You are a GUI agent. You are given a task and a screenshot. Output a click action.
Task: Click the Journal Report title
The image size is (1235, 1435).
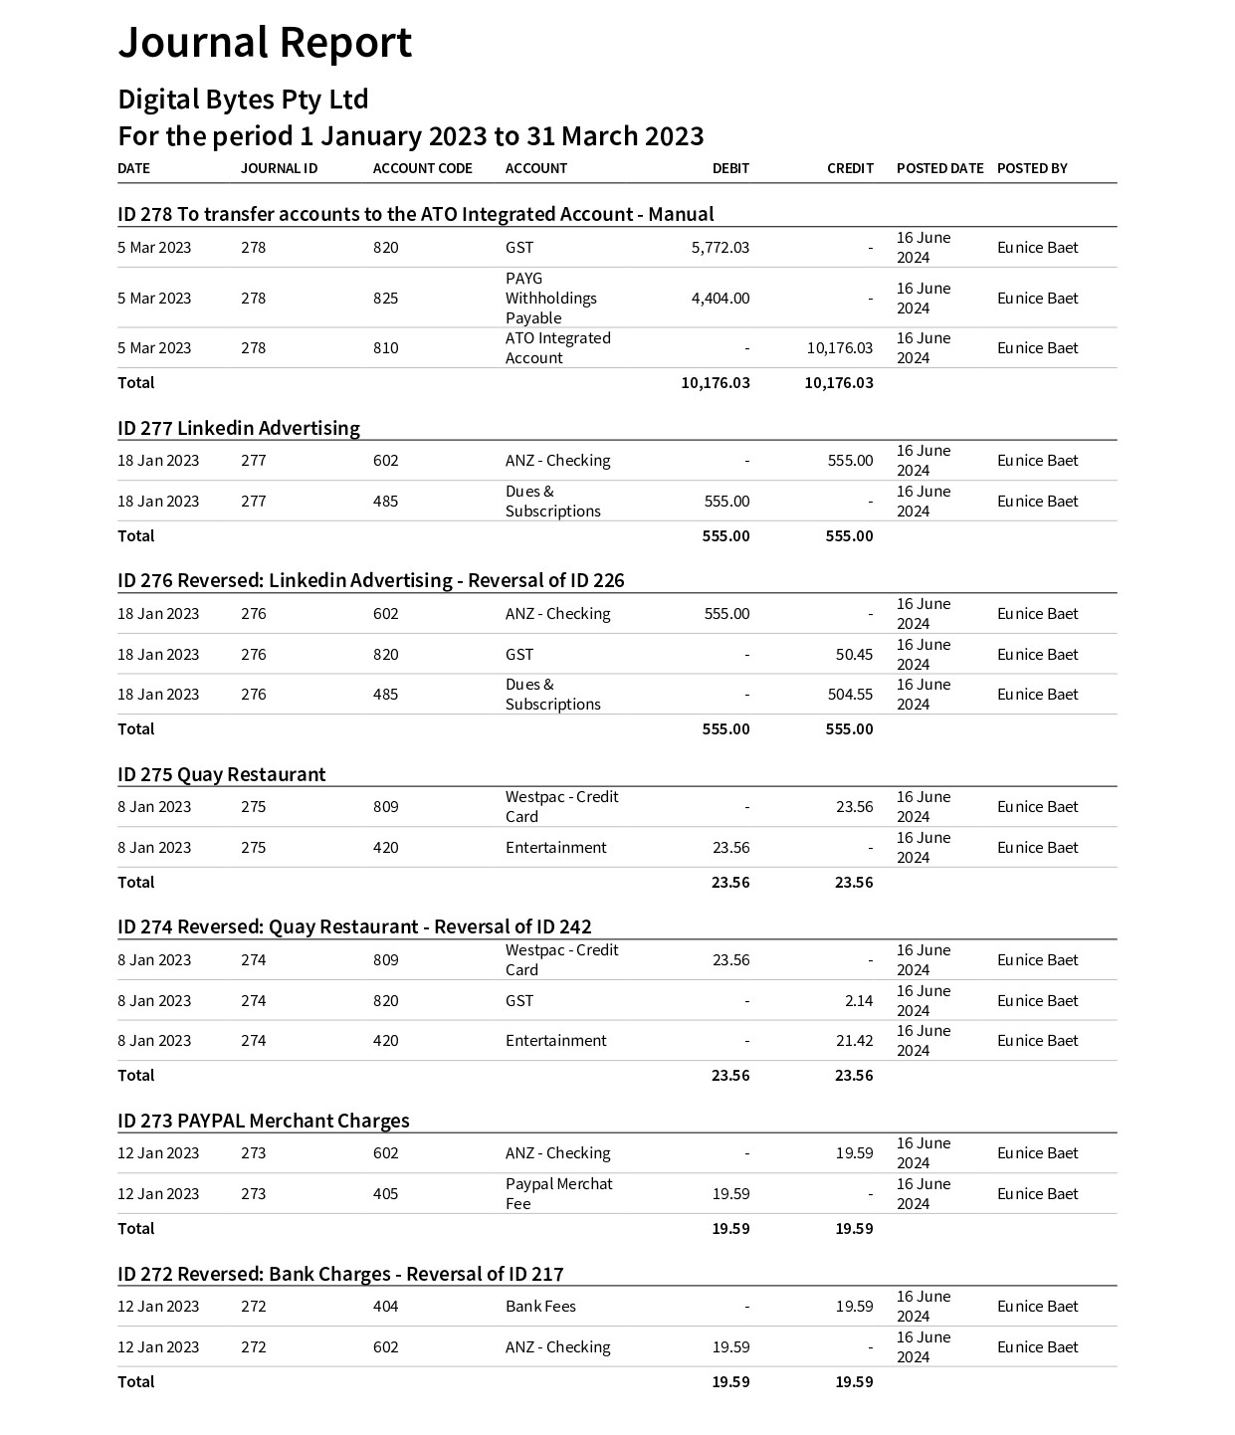click(265, 43)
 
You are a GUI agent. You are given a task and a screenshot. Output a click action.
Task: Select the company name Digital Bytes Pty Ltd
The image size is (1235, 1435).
click(243, 100)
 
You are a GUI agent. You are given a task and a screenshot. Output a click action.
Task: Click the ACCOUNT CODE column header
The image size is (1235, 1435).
click(422, 168)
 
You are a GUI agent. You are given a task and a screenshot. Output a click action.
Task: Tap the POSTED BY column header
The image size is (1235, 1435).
click(1031, 168)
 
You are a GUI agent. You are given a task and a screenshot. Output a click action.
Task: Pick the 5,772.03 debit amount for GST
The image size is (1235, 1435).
click(720, 248)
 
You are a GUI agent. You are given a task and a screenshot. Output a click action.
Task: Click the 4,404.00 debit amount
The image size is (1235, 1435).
click(720, 299)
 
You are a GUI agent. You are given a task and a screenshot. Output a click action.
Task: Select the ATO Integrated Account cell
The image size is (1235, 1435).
click(557, 348)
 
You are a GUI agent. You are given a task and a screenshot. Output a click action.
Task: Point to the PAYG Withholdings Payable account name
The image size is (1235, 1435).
click(550, 299)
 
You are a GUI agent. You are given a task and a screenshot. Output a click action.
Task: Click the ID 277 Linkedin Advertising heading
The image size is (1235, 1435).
click(239, 428)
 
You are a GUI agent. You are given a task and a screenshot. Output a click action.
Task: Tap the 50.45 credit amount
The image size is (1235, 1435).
click(854, 655)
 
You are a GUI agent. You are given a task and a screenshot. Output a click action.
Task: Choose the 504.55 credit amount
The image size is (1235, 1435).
click(850, 695)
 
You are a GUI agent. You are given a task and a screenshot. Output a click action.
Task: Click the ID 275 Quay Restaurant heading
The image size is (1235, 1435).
click(221, 774)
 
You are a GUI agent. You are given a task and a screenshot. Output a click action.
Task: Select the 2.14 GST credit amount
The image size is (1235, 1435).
click(858, 1001)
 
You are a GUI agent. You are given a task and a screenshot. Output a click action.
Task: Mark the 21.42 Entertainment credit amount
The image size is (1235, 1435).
click(854, 1041)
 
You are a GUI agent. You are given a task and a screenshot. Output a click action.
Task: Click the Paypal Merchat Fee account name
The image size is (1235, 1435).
click(558, 1194)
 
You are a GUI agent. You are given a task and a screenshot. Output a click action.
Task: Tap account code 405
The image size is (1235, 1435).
click(385, 1194)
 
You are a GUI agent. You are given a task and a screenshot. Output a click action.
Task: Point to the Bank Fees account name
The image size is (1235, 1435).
click(540, 1307)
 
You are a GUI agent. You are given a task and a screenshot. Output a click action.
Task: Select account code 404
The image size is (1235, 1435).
click(385, 1307)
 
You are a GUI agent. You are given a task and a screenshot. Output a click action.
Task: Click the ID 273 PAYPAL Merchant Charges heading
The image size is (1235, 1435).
click(263, 1121)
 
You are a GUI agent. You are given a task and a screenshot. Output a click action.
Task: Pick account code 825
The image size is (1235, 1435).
click(385, 299)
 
